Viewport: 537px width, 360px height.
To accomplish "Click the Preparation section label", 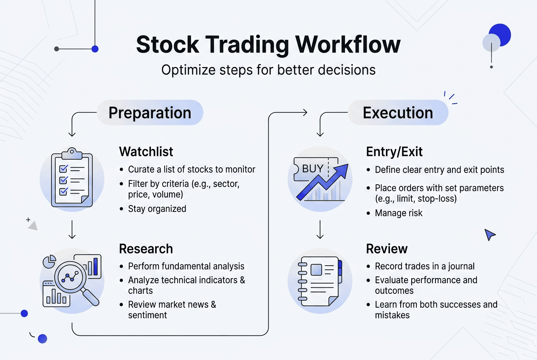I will pyautogui.click(x=150, y=113).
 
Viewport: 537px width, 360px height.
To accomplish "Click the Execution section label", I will pyautogui.click(x=398, y=113).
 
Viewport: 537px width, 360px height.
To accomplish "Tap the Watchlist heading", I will pyautogui.click(x=146, y=152).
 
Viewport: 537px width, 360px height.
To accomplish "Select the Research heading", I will pyautogui.click(x=146, y=249).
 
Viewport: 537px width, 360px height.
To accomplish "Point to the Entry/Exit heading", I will pyautogui.click(x=394, y=152).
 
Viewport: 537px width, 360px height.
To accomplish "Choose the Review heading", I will pyautogui.click(x=387, y=249).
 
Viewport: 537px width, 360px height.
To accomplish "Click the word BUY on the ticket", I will pyautogui.click(x=313, y=169).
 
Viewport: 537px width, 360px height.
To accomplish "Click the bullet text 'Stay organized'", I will pyautogui.click(x=157, y=209).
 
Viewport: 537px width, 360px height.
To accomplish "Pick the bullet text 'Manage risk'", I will pyautogui.click(x=399, y=213).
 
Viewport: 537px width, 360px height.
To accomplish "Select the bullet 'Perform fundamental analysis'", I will pyautogui.click(x=186, y=267).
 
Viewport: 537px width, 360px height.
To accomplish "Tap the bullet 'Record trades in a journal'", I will pyautogui.click(x=424, y=267).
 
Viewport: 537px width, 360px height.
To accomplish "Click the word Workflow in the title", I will pyautogui.click(x=348, y=44).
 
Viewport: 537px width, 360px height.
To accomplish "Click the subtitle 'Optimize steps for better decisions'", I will pyautogui.click(x=268, y=70).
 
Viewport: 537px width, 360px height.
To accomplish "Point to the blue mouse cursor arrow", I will pyautogui.click(x=490, y=234).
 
